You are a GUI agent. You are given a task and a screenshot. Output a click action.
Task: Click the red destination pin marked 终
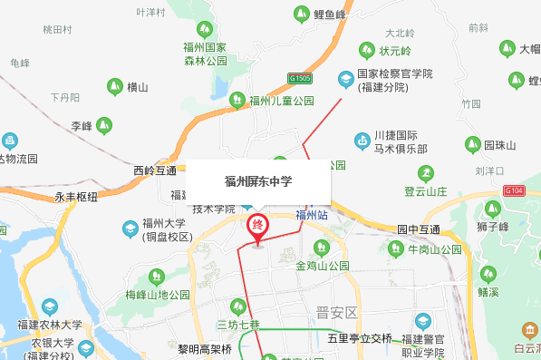[258, 226]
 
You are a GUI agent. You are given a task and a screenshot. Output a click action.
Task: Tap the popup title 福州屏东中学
[258, 180]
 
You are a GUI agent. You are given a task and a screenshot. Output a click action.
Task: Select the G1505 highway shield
[301, 79]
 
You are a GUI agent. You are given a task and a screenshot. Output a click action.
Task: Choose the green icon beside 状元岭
[368, 49]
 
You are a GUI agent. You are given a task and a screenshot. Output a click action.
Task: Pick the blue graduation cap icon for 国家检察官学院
[345, 79]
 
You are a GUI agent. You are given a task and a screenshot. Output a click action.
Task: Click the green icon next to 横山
[114, 87]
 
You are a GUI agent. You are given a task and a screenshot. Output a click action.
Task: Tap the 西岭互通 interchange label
[155, 170]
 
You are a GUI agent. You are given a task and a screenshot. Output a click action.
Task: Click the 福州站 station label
[311, 215]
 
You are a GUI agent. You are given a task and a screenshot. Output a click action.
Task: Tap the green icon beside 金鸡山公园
[318, 248]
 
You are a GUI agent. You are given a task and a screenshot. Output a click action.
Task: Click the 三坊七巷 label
[238, 325]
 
